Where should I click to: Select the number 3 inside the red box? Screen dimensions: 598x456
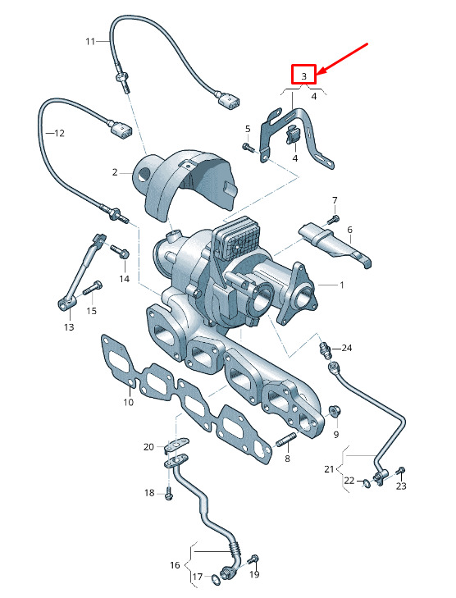pos(304,75)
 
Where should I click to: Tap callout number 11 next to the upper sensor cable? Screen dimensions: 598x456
pos(91,40)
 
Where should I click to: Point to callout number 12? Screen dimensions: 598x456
pos(58,132)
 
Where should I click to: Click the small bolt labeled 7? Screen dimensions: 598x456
pos(332,219)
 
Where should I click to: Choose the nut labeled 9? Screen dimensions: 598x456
pos(334,409)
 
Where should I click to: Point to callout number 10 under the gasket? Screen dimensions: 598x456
pos(129,402)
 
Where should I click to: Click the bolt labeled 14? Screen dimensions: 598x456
pos(121,254)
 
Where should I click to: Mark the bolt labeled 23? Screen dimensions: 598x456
pos(399,471)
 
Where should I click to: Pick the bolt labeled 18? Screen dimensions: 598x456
pos(168,494)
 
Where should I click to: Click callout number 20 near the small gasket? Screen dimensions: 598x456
pos(148,447)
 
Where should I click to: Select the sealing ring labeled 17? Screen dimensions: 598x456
pos(215,581)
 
